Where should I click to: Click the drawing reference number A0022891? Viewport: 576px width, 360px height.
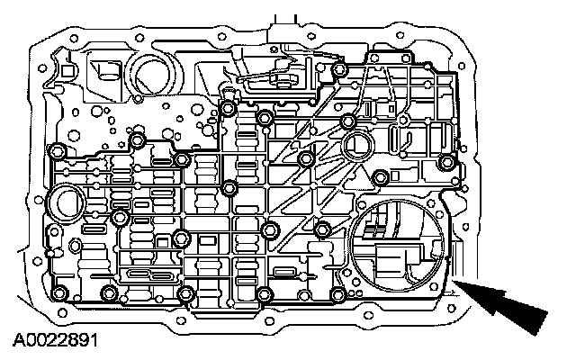(x=55, y=342)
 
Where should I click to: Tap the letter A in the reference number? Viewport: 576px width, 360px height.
(x=19, y=342)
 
